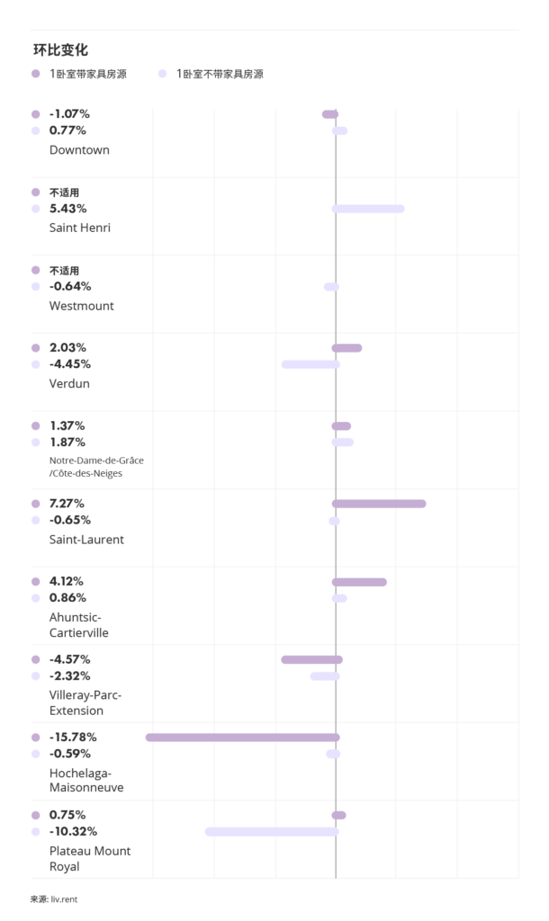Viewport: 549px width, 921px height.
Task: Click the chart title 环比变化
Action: tap(60, 49)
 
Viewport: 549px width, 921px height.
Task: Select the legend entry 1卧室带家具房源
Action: tap(87, 74)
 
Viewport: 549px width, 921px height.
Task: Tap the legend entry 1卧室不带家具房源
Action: tap(219, 74)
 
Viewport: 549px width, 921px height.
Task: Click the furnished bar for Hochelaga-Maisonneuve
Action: tap(242, 737)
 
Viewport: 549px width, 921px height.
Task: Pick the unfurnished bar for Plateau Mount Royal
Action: tap(272, 831)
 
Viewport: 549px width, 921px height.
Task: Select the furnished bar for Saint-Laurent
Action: tap(379, 503)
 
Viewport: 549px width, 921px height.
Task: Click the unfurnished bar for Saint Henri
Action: tap(368, 209)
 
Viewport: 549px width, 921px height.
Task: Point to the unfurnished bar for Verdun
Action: tap(310, 364)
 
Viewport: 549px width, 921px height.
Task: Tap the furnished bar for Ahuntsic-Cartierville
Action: tap(359, 582)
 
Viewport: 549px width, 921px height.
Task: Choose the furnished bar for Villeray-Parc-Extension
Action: tap(311, 659)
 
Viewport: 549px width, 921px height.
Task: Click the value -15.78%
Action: tap(73, 737)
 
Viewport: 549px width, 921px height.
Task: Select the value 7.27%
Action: tap(69, 503)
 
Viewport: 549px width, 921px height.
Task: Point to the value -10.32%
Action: tap(73, 831)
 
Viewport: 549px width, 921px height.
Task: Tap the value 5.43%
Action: tap(68, 209)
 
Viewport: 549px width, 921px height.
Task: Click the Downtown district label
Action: tap(79, 149)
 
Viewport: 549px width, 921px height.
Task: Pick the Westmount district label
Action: tap(81, 306)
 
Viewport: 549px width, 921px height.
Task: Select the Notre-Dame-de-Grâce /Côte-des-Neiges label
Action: tap(95, 466)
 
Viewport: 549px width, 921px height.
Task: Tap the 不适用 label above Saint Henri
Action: tap(64, 192)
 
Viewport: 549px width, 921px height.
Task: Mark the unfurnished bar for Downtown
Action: tap(339, 130)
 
